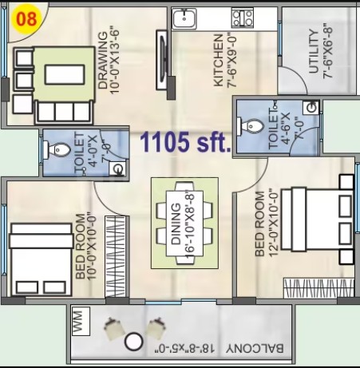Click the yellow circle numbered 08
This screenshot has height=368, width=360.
(26, 18)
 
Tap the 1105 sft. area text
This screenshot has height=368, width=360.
(185, 142)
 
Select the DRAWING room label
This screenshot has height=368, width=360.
(103, 61)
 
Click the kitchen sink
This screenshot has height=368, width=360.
(184, 18)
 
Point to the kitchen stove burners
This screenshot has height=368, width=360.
(242, 18)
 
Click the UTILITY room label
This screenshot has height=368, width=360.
(314, 52)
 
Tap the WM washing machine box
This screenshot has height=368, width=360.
(81, 321)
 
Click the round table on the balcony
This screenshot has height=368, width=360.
(134, 342)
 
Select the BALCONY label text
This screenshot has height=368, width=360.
(255, 349)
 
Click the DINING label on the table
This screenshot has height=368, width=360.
(176, 224)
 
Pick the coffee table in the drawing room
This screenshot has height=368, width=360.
(65, 75)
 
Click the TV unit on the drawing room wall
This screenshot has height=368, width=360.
(162, 60)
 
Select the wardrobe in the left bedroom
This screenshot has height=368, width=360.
(115, 256)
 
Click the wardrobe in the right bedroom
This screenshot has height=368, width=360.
(318, 288)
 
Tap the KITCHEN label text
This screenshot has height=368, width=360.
(219, 61)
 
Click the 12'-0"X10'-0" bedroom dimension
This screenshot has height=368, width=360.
(274, 223)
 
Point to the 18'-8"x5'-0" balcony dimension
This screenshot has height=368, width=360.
(185, 349)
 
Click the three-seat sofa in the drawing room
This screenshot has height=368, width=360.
(64, 112)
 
